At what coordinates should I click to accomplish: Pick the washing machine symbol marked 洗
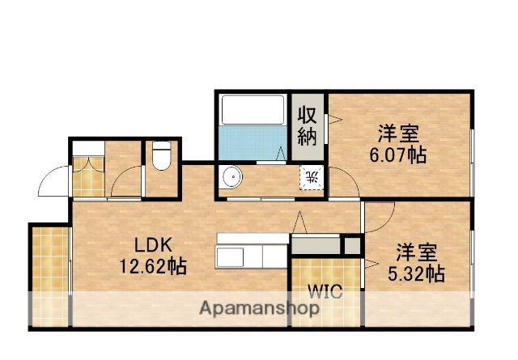[310, 176]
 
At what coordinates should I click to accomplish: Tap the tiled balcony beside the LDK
[50, 275]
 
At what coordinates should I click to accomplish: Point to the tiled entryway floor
[88, 174]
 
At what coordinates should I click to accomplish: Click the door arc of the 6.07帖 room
[341, 185]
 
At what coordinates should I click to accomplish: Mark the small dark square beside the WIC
[350, 245]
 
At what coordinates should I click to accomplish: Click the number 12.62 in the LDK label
[142, 265]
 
